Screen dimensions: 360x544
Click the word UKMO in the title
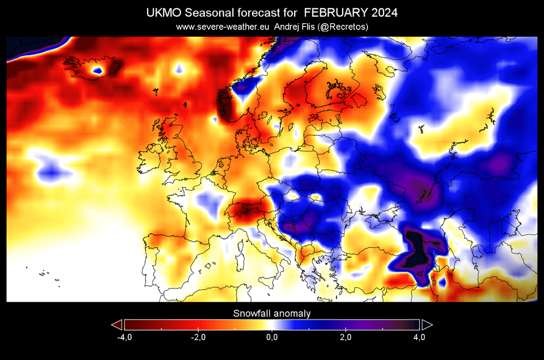(x=164, y=13)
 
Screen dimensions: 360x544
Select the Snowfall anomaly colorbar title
(x=271, y=313)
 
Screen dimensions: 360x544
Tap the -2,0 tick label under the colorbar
(x=198, y=337)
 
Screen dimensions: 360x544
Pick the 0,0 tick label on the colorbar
(x=271, y=337)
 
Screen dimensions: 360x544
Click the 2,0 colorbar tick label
(x=345, y=337)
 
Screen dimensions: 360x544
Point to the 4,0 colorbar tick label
(x=419, y=337)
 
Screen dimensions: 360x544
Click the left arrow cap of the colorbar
(x=117, y=325)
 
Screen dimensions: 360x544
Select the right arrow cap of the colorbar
(x=427, y=325)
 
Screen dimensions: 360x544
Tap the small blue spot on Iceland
(x=98, y=70)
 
